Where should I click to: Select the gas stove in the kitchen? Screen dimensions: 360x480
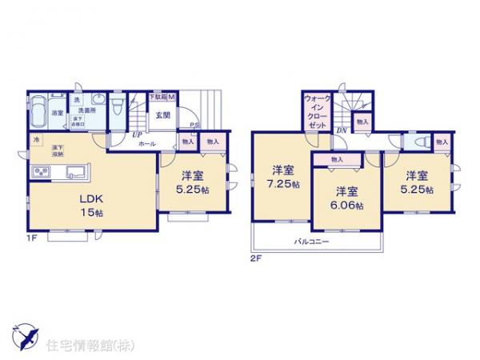(x=40, y=172)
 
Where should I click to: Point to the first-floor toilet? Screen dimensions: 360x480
(x=117, y=106)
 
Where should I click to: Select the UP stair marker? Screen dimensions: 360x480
(x=138, y=135)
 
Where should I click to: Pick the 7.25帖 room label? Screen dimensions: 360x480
(x=282, y=177)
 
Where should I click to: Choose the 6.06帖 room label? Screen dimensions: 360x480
(x=348, y=198)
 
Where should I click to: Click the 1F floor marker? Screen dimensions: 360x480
(x=30, y=239)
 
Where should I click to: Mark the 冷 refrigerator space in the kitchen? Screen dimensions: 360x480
(x=36, y=142)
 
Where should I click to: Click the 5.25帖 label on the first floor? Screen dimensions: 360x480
(x=192, y=182)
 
